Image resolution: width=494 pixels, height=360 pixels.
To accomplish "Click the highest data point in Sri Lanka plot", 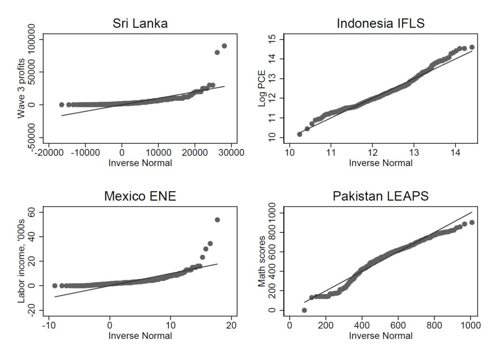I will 224,46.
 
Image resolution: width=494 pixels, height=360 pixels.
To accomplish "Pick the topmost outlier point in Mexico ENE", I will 217,220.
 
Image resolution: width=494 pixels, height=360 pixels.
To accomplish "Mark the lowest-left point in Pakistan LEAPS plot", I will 304,310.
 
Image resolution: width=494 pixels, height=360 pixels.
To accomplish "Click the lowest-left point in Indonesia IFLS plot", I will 300,134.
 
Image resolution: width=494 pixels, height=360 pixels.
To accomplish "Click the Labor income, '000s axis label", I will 22,262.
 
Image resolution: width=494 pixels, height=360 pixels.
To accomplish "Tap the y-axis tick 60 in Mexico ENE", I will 33,212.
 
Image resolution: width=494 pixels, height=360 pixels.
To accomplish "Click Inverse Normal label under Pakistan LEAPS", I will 381,336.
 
